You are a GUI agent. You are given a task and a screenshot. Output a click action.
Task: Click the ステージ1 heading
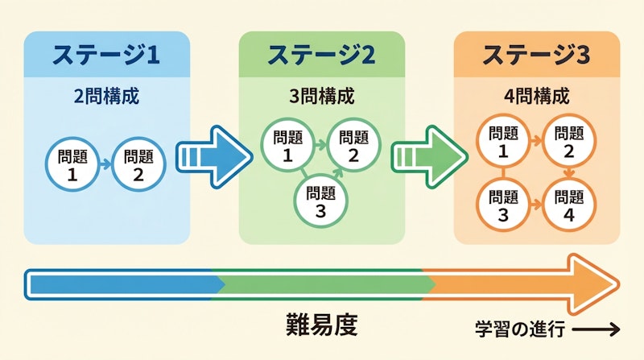point(106,55)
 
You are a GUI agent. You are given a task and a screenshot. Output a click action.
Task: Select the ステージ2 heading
point(321,55)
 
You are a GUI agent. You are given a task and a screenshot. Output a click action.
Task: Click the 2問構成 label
point(106,97)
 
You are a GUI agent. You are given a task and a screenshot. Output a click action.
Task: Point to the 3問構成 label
point(321,97)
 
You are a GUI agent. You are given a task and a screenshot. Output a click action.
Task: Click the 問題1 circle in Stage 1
point(73,163)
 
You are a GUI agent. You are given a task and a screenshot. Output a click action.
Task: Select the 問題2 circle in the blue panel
point(138,163)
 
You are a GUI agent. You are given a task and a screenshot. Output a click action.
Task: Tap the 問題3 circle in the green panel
point(321,201)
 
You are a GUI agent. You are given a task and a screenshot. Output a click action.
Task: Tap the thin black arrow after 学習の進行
point(597,329)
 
